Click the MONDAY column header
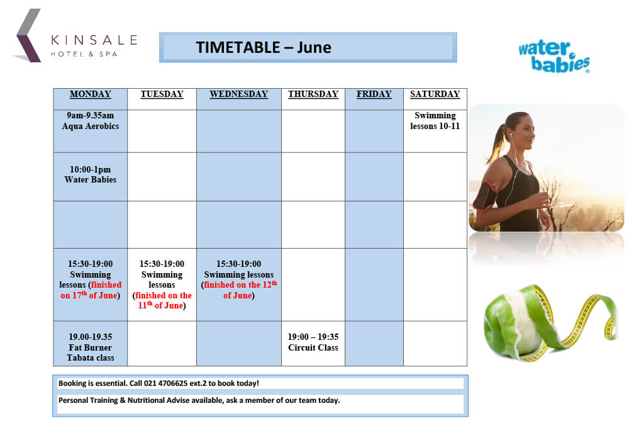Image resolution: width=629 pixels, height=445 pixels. [x=90, y=94]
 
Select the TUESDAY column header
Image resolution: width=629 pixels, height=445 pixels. [x=162, y=94]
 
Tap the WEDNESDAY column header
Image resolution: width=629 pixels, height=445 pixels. [x=238, y=94]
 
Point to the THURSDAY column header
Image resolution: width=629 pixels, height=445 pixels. [x=313, y=94]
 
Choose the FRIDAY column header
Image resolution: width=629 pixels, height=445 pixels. [x=374, y=94]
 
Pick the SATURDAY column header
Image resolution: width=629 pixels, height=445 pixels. [x=435, y=94]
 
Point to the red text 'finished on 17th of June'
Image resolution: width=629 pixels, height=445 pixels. [x=91, y=290]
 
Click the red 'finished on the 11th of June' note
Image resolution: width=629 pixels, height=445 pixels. [x=163, y=300]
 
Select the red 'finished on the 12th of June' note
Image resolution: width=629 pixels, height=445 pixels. [x=240, y=290]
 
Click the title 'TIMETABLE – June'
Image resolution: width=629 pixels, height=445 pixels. [x=264, y=47]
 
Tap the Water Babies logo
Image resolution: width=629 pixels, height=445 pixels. [x=554, y=56]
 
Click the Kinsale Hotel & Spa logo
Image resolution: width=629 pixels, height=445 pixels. [x=75, y=36]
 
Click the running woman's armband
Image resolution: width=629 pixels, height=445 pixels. [x=484, y=195]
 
